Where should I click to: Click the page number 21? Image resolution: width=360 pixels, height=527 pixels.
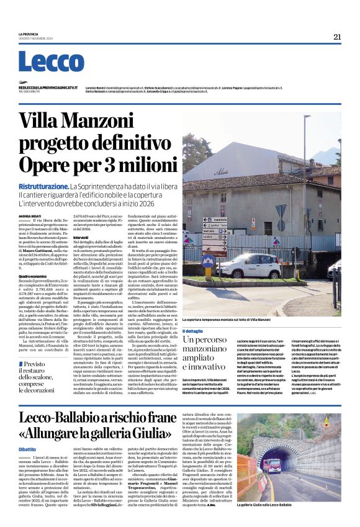pyautogui.click(x=337, y=37)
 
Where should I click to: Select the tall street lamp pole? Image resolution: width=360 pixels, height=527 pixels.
pyautogui.click(x=305, y=186)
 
